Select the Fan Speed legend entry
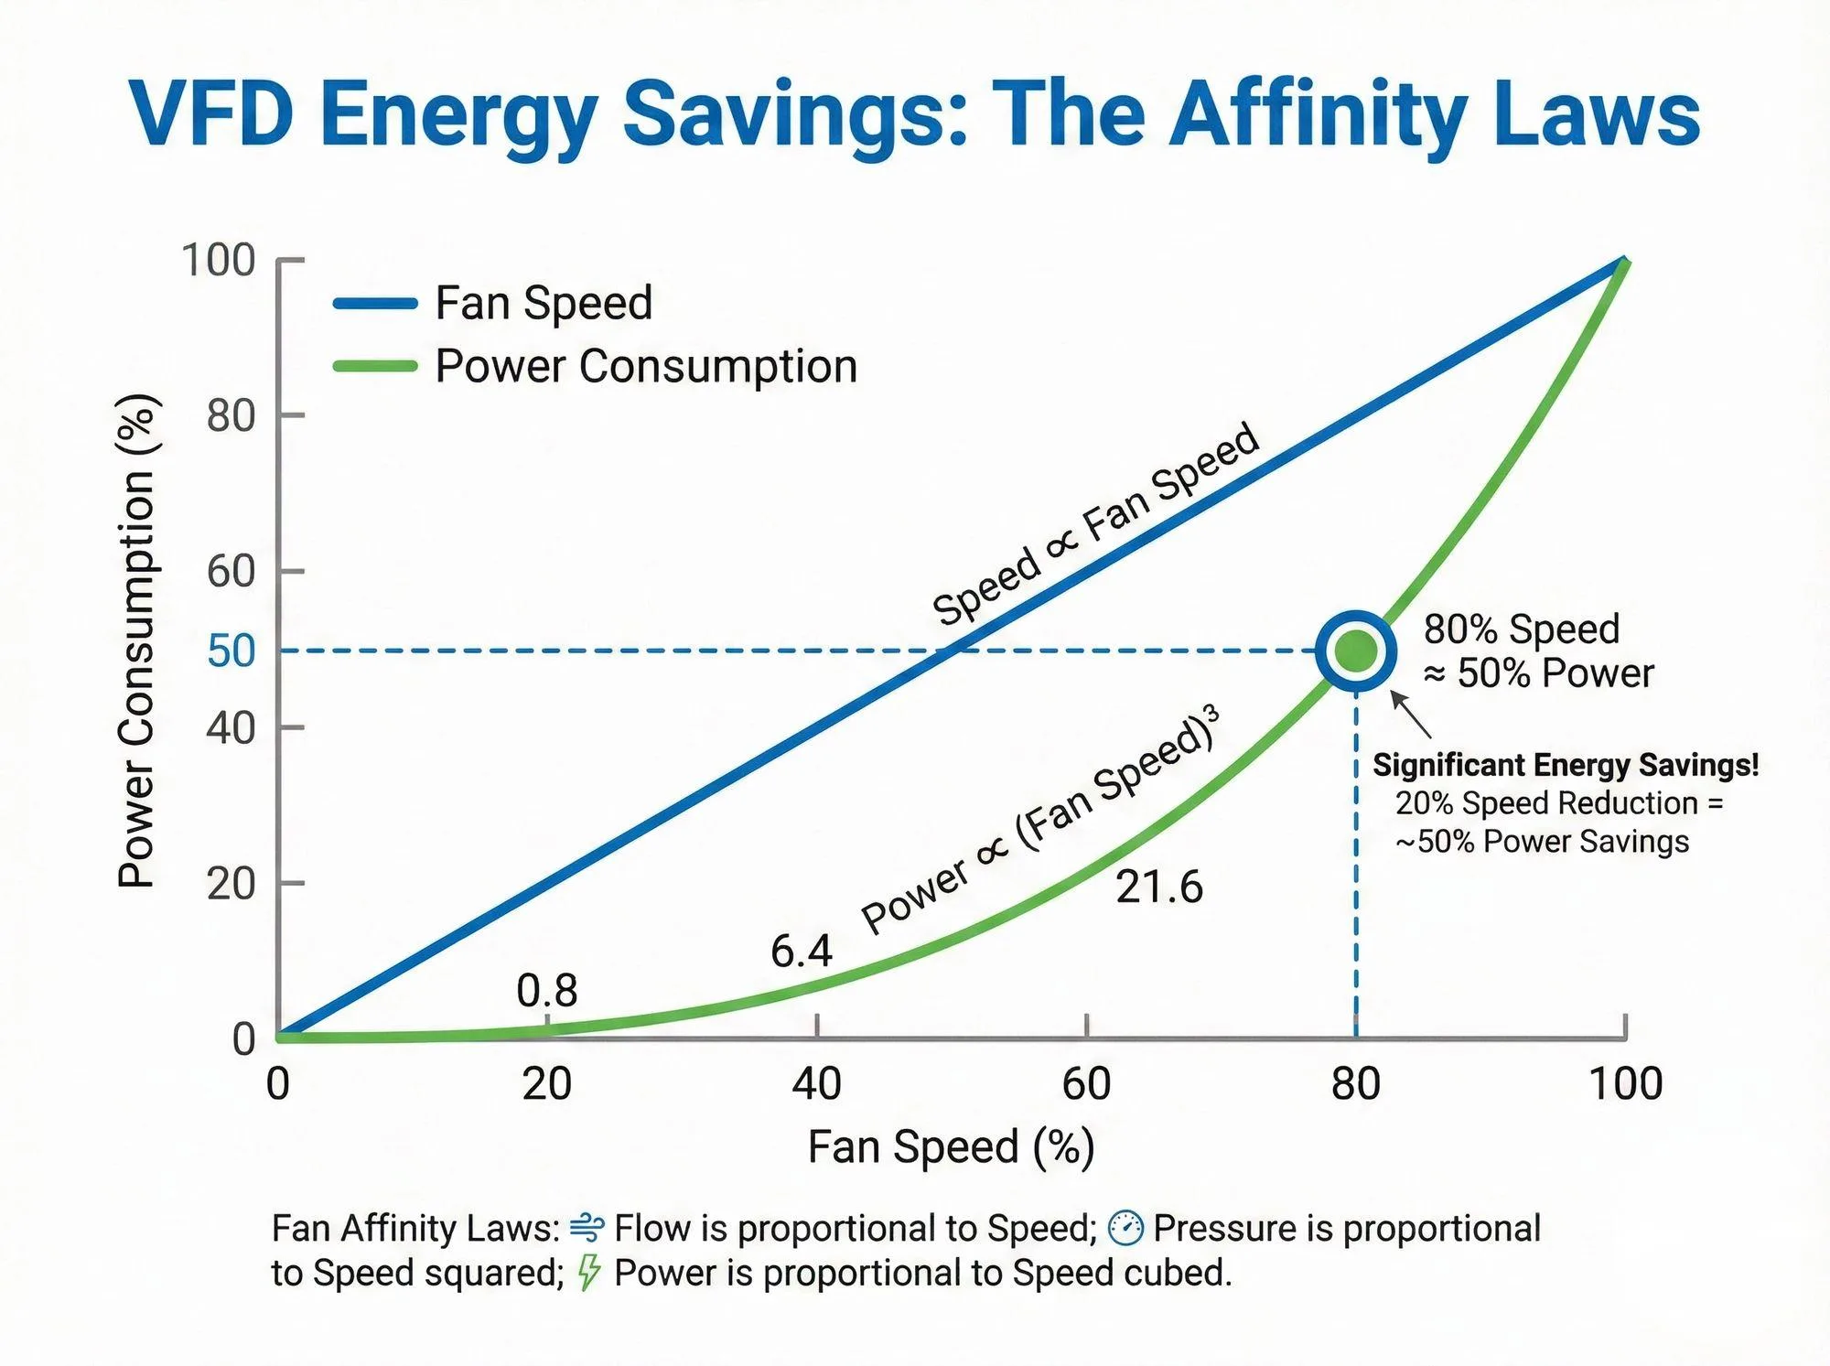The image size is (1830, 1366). pyautogui.click(x=544, y=303)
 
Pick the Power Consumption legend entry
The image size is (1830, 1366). pyautogui.click(x=645, y=366)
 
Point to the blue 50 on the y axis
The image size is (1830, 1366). pyautogui.click(x=231, y=651)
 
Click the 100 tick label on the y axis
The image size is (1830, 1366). pyautogui.click(x=218, y=260)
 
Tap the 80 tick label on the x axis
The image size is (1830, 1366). pyautogui.click(x=1355, y=1083)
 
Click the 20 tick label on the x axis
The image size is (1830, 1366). pyautogui.click(x=546, y=1083)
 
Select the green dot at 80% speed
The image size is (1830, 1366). pyautogui.click(x=1356, y=651)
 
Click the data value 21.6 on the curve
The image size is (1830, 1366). pyautogui.click(x=1158, y=887)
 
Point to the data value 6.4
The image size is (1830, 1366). pyautogui.click(x=801, y=951)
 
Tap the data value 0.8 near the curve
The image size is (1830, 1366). pyautogui.click(x=546, y=990)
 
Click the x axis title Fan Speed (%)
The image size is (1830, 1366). pyautogui.click(x=951, y=1146)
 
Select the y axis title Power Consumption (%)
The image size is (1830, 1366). pyautogui.click(x=137, y=640)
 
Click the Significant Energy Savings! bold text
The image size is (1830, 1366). pyautogui.click(x=1565, y=765)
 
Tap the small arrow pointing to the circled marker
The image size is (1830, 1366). pyautogui.click(x=1411, y=715)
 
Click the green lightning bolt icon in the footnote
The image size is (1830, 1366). pyautogui.click(x=589, y=1272)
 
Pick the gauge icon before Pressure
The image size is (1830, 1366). pyautogui.click(x=1125, y=1228)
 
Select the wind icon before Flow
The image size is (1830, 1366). pyautogui.click(x=587, y=1228)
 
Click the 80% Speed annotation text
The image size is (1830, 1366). pyautogui.click(x=1521, y=629)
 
